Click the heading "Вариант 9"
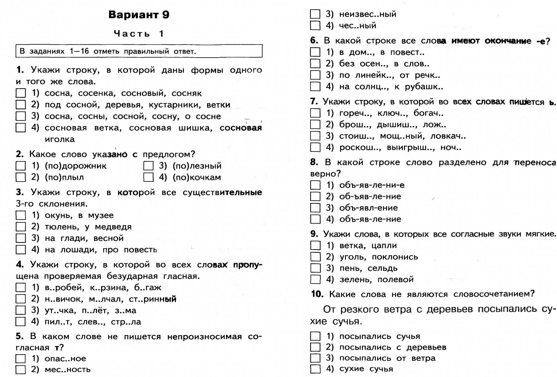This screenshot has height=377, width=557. click(139, 15)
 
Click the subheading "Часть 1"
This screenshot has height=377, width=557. click(139, 34)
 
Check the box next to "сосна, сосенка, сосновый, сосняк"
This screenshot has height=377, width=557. click(21, 93)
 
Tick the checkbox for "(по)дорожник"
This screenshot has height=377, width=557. click(21, 166)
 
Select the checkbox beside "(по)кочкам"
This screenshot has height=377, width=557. click(148, 177)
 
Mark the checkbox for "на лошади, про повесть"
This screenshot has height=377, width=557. click(21, 250)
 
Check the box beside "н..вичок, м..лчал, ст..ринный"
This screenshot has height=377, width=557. click(21, 299)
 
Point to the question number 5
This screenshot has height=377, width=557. click(20, 337)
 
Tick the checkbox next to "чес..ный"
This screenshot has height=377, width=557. click(315, 25)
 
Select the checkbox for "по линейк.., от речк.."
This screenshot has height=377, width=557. click(315, 75)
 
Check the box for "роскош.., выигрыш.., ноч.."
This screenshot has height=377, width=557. click(315, 147)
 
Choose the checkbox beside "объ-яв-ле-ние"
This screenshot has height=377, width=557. click(315, 219)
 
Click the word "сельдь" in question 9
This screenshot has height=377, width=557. click(383, 268)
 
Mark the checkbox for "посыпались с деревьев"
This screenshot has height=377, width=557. click(315, 347)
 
